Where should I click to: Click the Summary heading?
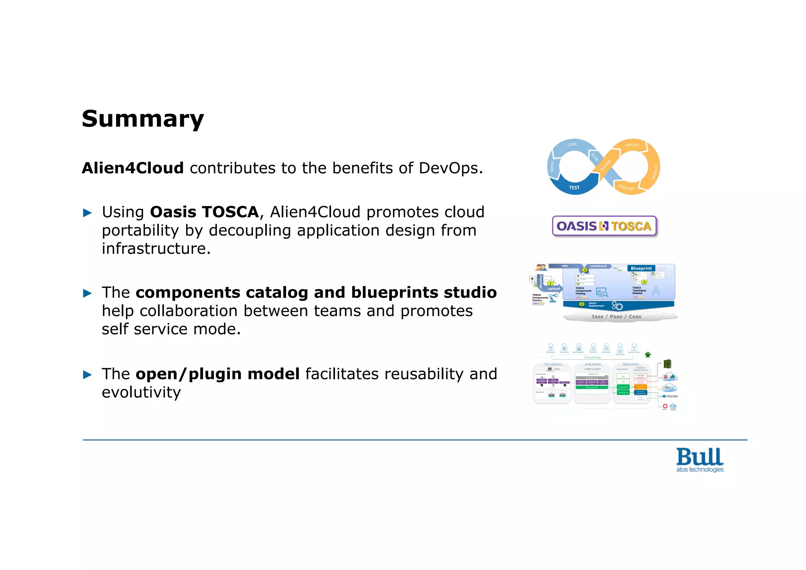142,119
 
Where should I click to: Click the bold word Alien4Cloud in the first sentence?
133,168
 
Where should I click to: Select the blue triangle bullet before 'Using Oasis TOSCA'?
87,213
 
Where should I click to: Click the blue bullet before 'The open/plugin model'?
87,375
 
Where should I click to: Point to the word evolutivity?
141,392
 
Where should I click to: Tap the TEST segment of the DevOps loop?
574,188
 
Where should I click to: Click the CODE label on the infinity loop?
572,145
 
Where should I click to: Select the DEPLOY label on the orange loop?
632,145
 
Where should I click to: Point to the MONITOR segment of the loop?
626,188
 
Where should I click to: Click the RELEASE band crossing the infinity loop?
606,165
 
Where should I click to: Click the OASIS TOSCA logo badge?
604,226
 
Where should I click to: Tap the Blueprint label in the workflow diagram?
641,268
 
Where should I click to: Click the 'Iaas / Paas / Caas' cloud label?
616,317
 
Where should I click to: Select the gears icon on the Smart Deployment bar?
617,306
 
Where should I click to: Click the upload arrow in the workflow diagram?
553,289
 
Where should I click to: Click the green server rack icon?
667,364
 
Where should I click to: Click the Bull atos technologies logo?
700,460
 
